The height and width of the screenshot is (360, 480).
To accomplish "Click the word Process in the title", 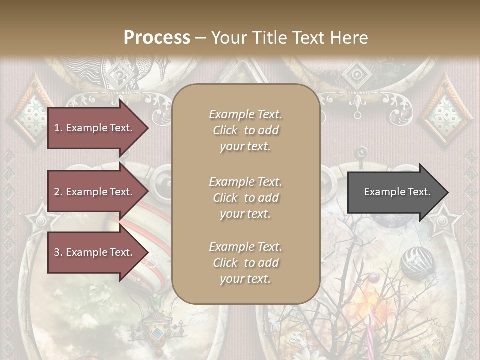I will (157, 37).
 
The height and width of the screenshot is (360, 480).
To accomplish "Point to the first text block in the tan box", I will (245, 130).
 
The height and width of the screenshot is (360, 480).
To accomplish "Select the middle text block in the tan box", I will (245, 198).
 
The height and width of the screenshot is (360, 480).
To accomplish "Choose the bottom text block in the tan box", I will (245, 263).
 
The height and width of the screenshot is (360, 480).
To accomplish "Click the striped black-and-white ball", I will (417, 262).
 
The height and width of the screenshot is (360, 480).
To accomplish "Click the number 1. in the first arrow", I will (58, 128).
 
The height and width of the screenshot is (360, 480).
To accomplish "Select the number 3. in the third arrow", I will (58, 252).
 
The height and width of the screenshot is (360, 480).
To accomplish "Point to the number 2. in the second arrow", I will (58, 192).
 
